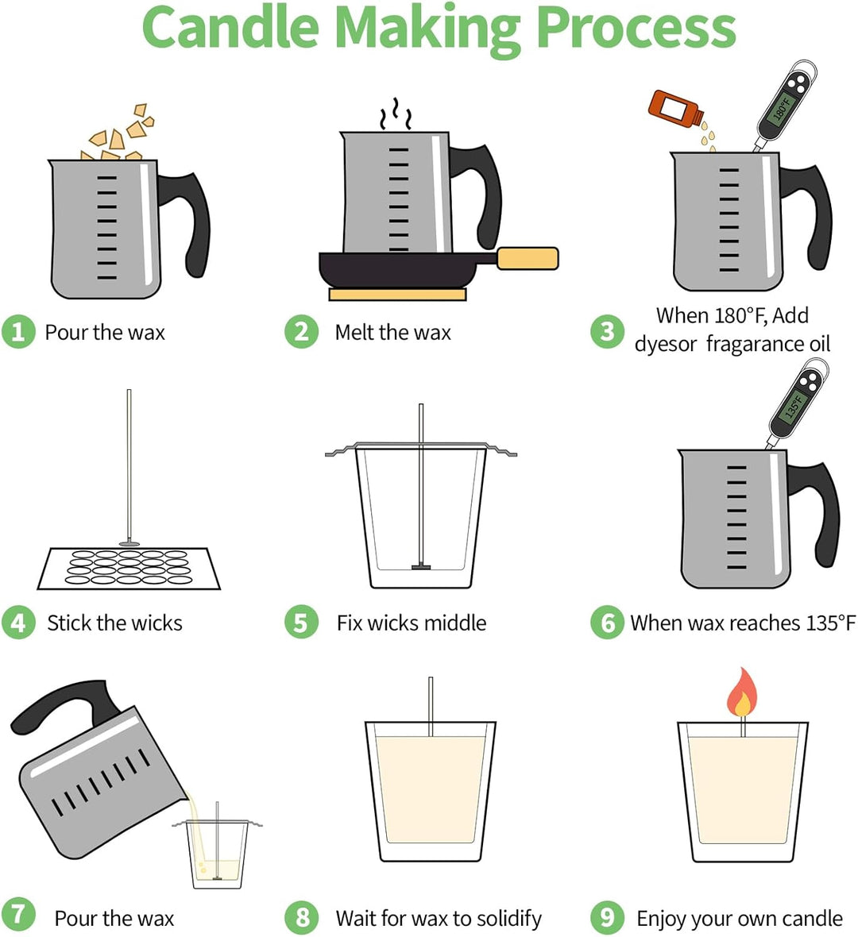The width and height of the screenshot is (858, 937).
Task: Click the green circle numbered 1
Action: (x=18, y=332)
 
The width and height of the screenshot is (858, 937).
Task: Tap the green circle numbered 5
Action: (x=301, y=622)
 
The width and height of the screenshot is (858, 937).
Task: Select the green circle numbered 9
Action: (x=608, y=917)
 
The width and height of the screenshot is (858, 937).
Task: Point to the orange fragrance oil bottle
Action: (x=675, y=107)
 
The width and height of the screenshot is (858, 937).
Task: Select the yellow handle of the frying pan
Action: (x=528, y=258)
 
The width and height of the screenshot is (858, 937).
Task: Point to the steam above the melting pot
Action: (x=395, y=114)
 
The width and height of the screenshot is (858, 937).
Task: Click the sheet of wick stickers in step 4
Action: (x=129, y=569)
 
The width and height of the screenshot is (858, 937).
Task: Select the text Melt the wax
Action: (x=392, y=332)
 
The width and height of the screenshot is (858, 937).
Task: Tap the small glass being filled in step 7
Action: (x=217, y=854)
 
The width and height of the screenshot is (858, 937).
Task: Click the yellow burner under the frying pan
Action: (x=397, y=294)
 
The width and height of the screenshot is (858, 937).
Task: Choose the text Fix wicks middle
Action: (x=412, y=623)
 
